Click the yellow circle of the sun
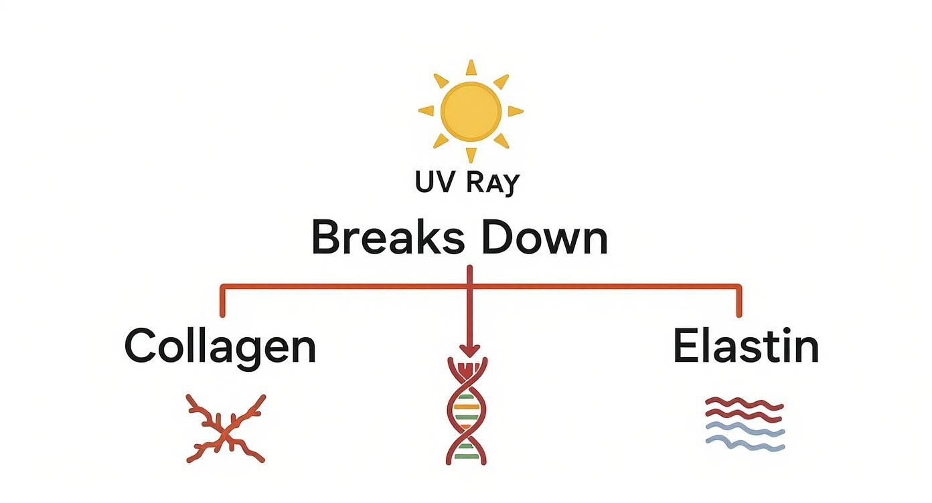tap(471, 110)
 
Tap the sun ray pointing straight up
tap(471, 68)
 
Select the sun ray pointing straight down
tap(471, 154)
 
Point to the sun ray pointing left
tap(426, 111)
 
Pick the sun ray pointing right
tap(515, 111)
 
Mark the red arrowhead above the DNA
tap(469, 350)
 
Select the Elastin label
tap(746, 346)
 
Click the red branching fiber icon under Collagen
tap(226, 429)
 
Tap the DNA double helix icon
tap(467, 411)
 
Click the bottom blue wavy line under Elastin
tap(745, 443)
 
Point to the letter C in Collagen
tap(140, 346)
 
